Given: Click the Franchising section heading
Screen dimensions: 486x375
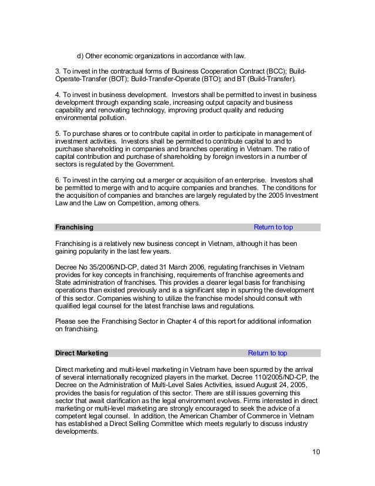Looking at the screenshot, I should (x=73, y=228).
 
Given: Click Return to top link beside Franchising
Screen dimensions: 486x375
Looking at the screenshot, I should (x=273, y=228).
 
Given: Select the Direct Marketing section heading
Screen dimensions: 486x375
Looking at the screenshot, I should (x=81, y=354).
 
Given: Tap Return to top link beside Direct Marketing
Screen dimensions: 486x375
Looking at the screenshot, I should (x=267, y=354).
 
